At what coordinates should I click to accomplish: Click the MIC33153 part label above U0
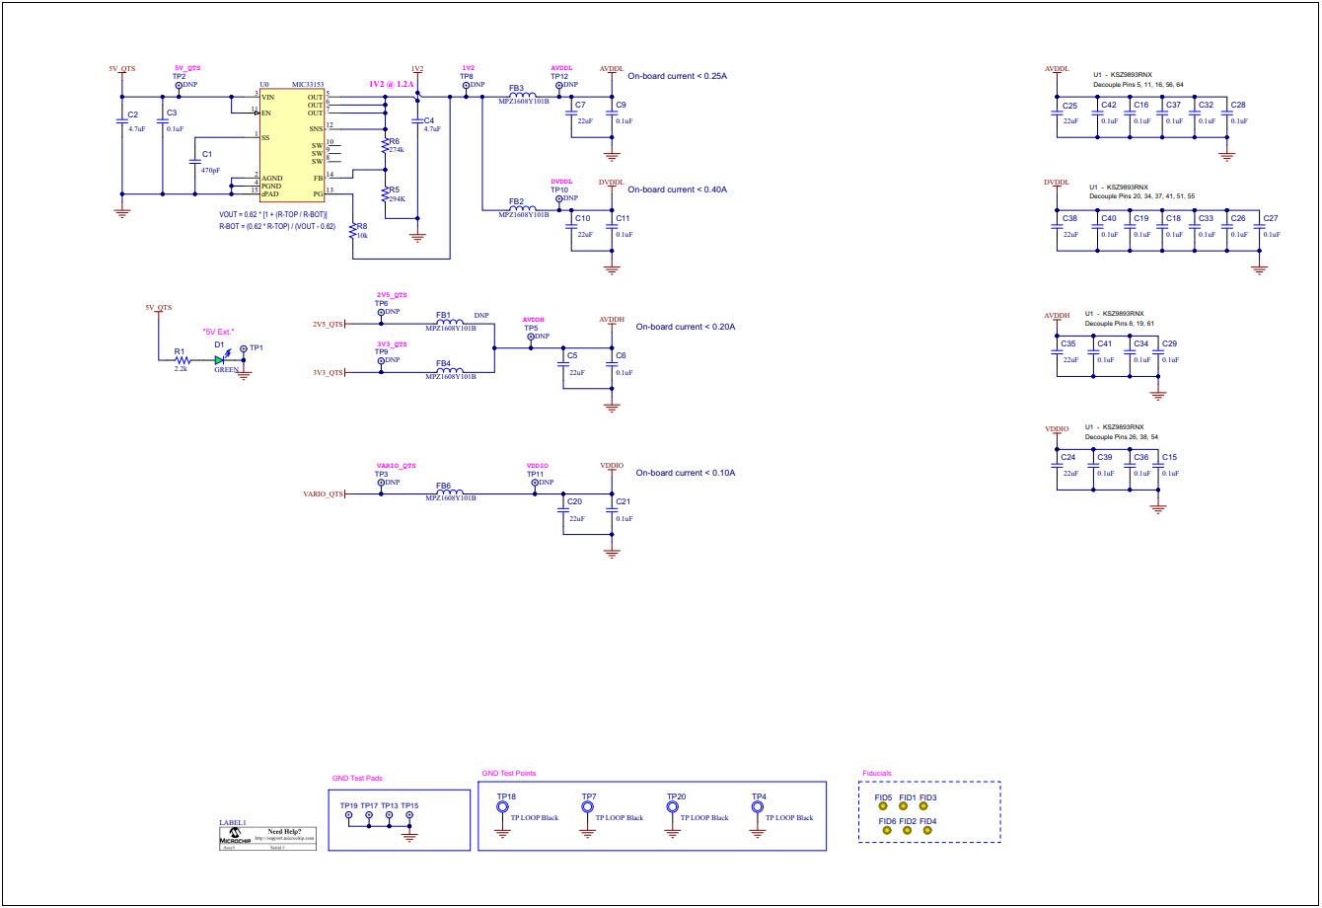click(x=308, y=86)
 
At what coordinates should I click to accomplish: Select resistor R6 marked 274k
click(x=385, y=145)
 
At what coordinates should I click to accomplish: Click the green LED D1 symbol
click(x=220, y=360)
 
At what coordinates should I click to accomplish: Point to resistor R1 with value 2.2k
click(x=181, y=360)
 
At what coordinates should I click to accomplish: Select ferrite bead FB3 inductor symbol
click(x=523, y=96)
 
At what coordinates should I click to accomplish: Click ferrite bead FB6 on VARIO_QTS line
click(x=450, y=492)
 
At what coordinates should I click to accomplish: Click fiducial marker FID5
click(x=885, y=806)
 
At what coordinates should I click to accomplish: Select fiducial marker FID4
click(x=927, y=830)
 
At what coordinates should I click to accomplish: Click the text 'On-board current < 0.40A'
click(x=677, y=189)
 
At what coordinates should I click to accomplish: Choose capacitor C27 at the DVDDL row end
click(x=1258, y=228)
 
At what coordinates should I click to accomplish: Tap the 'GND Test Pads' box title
click(x=357, y=779)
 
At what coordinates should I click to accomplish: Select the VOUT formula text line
click(x=273, y=214)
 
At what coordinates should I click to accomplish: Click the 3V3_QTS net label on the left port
click(x=329, y=373)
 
